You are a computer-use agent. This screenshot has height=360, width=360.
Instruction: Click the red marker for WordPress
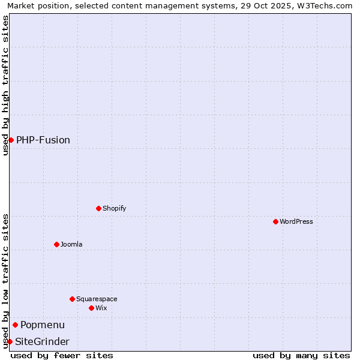point(275,221)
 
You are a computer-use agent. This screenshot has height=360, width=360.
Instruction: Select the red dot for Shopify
point(98,208)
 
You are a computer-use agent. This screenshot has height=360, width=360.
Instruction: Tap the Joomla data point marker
point(56,244)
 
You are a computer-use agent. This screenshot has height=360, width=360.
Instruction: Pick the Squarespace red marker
point(72,299)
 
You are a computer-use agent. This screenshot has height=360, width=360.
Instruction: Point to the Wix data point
point(91,308)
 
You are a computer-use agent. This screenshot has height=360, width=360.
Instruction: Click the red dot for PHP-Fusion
point(11,140)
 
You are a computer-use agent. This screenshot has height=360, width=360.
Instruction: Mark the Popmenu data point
point(15,325)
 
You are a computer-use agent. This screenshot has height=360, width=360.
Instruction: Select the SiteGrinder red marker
point(10,341)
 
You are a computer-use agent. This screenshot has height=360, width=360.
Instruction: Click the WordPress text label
point(296,221)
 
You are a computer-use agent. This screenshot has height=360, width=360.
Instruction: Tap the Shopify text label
point(115,208)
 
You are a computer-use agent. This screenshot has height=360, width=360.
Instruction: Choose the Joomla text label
point(71,244)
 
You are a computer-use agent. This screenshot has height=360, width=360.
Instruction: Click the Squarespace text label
point(97,299)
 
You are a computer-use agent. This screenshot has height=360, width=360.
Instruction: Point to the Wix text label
point(101,308)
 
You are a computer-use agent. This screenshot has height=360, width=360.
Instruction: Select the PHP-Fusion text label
point(43,140)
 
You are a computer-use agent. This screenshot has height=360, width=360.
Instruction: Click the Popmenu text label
point(43,325)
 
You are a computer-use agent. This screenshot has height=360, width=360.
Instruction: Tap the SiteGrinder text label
point(42,341)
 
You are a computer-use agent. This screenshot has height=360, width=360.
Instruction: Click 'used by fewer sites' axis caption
point(62,355)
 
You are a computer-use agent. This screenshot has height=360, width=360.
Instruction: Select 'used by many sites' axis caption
point(301,355)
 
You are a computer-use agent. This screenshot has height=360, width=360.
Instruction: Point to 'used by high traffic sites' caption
point(6,85)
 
